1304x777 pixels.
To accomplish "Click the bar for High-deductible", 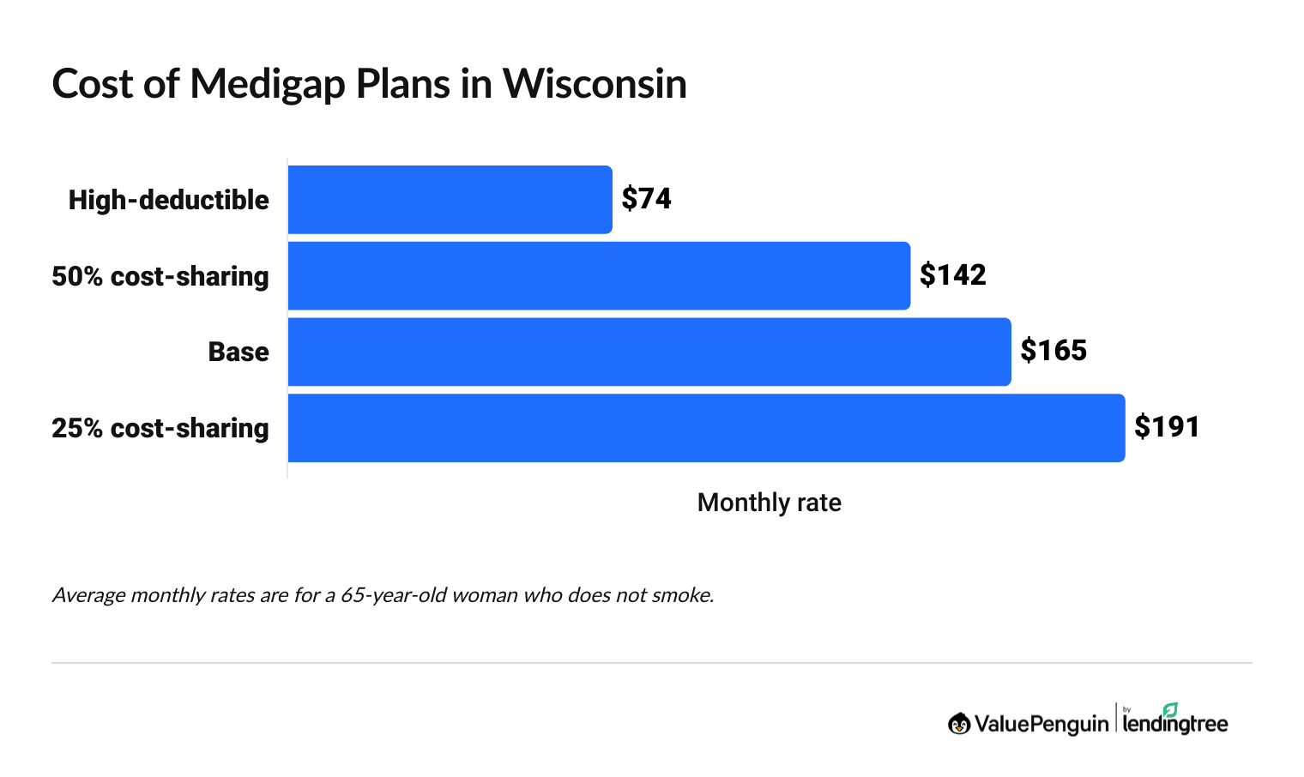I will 450,200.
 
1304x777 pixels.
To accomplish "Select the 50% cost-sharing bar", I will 599,276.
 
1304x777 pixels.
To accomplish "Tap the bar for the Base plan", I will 649,352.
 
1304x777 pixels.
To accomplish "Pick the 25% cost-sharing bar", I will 706,428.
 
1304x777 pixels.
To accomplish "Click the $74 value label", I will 647,199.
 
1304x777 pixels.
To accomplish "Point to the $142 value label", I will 952,275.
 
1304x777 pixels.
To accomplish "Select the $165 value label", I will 1053,351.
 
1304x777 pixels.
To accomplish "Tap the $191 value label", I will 1167,427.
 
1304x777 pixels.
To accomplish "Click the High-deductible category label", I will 169,201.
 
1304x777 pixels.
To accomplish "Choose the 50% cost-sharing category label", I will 160,276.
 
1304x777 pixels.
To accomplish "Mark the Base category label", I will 238,352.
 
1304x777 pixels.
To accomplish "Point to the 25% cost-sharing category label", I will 160,428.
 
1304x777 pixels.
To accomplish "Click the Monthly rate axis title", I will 769,503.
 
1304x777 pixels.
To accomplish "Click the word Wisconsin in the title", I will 595,84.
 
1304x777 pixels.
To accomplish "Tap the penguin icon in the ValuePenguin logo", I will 959,724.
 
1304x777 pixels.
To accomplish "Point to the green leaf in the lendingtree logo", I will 1170,709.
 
